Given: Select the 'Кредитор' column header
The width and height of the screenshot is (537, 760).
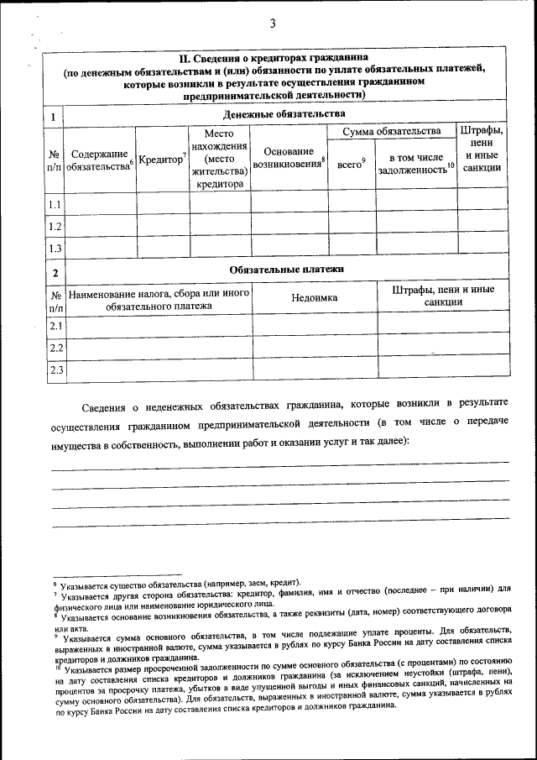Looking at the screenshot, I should click(x=161, y=160).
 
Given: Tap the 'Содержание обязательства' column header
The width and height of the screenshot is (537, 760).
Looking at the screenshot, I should click(x=100, y=160).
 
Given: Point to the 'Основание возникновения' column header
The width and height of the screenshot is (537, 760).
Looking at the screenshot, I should click(x=288, y=158).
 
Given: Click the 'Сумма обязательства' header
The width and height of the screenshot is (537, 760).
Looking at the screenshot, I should click(x=390, y=131).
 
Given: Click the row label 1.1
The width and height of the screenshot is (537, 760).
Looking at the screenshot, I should click(x=54, y=204).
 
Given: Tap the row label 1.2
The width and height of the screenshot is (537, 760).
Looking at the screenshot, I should click(x=54, y=226).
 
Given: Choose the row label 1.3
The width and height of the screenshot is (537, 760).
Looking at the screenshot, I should click(x=54, y=248).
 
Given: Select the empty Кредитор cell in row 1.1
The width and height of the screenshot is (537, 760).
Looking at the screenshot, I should click(x=163, y=204).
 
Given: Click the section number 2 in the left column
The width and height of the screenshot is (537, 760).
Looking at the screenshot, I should click(x=54, y=272).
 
